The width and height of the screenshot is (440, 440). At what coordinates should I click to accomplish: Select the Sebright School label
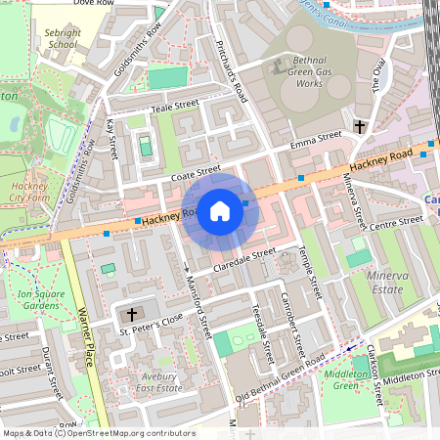(62, 38)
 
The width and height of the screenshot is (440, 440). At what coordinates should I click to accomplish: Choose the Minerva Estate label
(384, 284)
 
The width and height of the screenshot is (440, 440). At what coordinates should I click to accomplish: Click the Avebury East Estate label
(156, 382)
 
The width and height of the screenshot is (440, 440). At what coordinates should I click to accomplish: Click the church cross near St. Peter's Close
(132, 315)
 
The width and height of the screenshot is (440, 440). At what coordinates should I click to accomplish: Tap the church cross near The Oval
(359, 126)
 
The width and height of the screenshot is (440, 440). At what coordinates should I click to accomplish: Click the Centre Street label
(396, 226)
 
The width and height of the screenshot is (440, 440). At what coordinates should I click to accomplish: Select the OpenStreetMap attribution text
(98, 433)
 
